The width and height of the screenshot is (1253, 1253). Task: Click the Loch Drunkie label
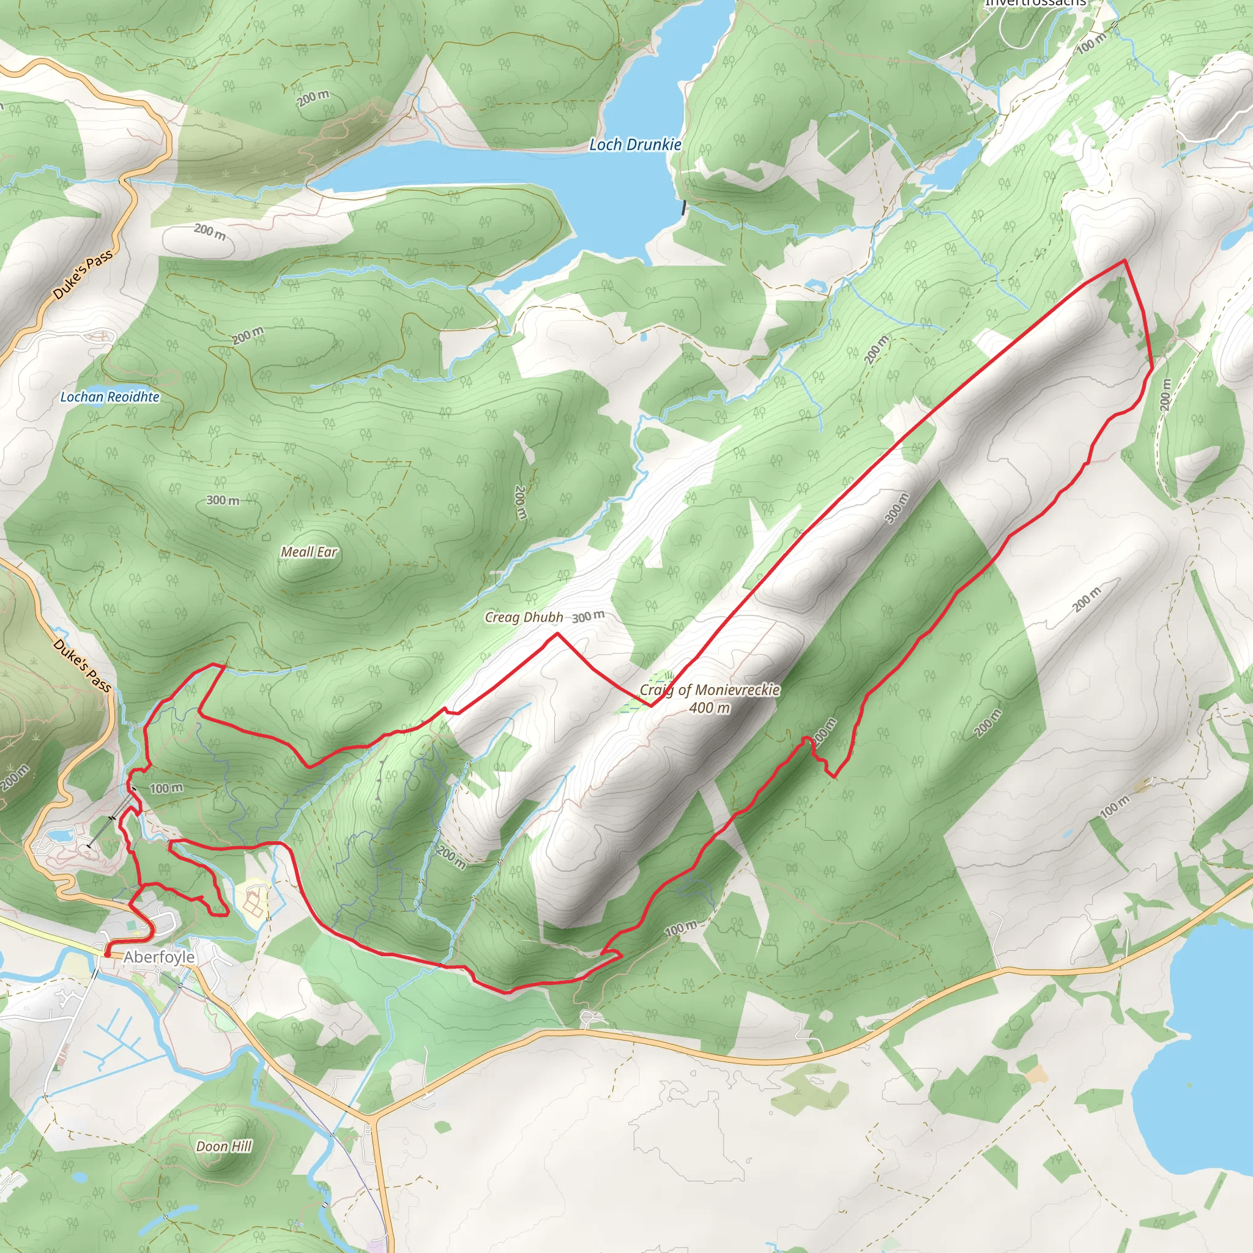pyautogui.click(x=634, y=145)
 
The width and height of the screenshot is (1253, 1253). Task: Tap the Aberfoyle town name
pyautogui.click(x=159, y=957)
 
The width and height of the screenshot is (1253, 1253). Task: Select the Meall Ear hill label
pyautogui.click(x=309, y=552)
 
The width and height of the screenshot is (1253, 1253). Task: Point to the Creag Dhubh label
pyautogui.click(x=523, y=617)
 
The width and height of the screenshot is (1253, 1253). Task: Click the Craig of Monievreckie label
pyautogui.click(x=710, y=690)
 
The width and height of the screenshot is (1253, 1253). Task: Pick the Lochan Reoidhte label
pyautogui.click(x=110, y=397)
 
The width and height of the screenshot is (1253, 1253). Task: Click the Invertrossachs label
pyautogui.click(x=1035, y=3)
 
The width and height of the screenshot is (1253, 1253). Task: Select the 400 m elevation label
pyautogui.click(x=710, y=708)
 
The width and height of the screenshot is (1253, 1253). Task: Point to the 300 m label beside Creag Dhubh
pyautogui.click(x=588, y=616)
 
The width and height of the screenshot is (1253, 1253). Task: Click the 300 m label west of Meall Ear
pyautogui.click(x=223, y=500)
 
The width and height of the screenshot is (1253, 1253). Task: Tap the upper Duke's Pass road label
pyautogui.click(x=83, y=275)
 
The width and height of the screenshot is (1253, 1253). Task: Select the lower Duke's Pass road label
pyautogui.click(x=83, y=666)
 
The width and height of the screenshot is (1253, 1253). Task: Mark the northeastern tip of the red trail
pyautogui.click(x=1124, y=261)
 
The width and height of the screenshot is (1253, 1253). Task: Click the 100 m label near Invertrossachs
pyautogui.click(x=1091, y=43)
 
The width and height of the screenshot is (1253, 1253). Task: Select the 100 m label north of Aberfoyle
pyautogui.click(x=166, y=788)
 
